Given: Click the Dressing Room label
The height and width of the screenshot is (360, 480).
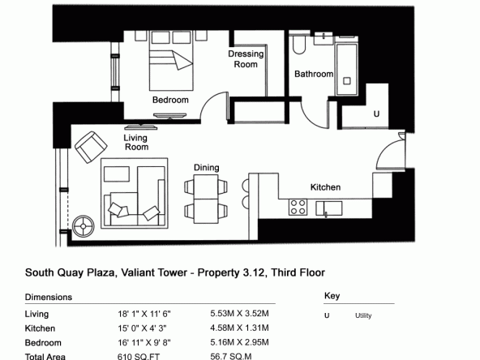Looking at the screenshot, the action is click(x=246, y=59).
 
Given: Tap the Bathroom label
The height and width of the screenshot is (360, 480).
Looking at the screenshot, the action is click(x=314, y=74).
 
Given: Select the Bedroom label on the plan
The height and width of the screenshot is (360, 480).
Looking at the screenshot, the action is click(x=170, y=100).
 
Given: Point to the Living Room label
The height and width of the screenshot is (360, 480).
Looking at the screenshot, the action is click(x=136, y=143).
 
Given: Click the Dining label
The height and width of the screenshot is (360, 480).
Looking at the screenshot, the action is click(x=206, y=168).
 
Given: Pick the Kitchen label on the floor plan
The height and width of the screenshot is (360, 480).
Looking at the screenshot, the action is click(x=325, y=187).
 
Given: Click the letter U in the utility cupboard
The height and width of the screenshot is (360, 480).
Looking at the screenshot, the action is click(x=376, y=114).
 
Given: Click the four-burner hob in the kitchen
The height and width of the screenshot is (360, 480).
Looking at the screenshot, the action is click(x=298, y=208).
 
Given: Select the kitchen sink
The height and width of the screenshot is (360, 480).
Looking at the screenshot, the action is click(x=328, y=208).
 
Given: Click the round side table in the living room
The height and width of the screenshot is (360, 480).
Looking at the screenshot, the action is click(x=84, y=226).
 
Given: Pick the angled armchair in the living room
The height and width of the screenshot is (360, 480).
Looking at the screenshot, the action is click(x=91, y=147).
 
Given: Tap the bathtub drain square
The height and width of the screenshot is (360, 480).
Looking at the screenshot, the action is click(x=346, y=81).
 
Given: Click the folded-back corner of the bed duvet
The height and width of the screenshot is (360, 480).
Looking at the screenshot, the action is click(x=182, y=60).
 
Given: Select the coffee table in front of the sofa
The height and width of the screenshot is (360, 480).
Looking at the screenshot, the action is click(x=117, y=174).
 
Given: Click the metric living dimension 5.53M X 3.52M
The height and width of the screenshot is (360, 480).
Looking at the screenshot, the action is click(x=239, y=314).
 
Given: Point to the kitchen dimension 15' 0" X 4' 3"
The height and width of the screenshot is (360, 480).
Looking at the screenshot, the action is click(x=142, y=328).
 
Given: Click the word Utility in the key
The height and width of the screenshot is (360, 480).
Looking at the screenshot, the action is click(x=363, y=315).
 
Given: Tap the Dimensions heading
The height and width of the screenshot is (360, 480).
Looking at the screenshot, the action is click(x=49, y=298).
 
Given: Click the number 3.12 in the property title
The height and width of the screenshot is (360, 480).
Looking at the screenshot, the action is click(x=254, y=272).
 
